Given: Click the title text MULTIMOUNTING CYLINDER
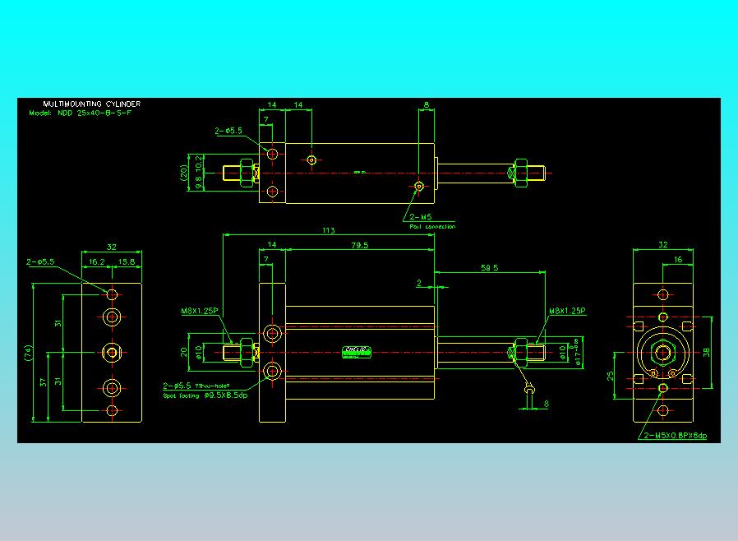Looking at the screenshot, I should (x=91, y=104).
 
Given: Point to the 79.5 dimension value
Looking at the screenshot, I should (x=359, y=245).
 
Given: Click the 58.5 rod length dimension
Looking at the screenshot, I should (x=491, y=268).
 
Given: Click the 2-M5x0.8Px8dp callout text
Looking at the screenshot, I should (x=676, y=435).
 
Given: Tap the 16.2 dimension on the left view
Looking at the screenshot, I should (x=96, y=261).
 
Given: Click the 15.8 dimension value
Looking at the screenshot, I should (x=127, y=261).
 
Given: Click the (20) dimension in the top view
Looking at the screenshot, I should (x=185, y=173).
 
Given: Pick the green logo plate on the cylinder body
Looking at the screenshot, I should (x=357, y=352).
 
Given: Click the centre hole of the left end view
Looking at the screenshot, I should (x=112, y=352).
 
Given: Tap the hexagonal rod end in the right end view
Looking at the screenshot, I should (x=662, y=354).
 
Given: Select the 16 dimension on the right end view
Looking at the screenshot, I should (x=677, y=259).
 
